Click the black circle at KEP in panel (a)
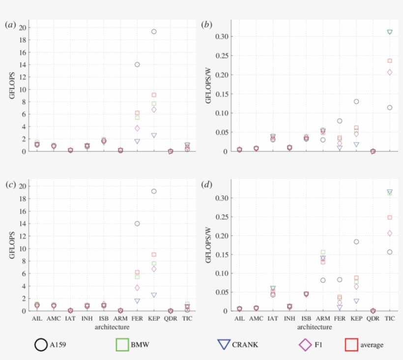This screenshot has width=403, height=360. coord(154,31)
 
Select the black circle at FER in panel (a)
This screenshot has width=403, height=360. coord(137,64)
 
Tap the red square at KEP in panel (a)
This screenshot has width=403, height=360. coord(154,95)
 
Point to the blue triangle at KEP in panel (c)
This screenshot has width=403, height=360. coord(154,295)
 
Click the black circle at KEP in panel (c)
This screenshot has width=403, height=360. coord(154,191)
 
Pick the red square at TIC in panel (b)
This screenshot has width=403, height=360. coord(390,61)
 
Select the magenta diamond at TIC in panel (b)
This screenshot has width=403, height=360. coord(390,72)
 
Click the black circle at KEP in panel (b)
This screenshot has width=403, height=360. coord(356,102)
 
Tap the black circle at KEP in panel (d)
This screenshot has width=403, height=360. coord(356,241)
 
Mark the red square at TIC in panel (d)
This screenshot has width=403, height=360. coord(390,217)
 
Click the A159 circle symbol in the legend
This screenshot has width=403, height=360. coord(41,345)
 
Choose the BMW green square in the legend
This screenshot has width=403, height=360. coord(122,345)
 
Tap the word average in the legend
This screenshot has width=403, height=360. coord(372,345)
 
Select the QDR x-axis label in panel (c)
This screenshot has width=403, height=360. coord(171,319)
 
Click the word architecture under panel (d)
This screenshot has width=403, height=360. coord(314,327)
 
